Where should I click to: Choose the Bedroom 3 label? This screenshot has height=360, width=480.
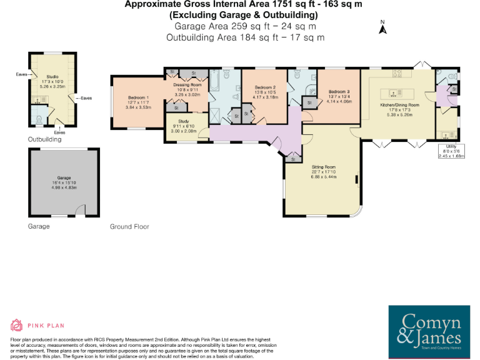pyautogui.click(x=339, y=92)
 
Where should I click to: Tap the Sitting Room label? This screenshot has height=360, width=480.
pyautogui.click(x=324, y=167)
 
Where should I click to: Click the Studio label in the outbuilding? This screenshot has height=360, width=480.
pyautogui.click(x=52, y=77)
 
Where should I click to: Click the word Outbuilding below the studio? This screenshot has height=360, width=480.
pyautogui.click(x=44, y=139)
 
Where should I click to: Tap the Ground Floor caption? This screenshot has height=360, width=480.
pyautogui.click(x=129, y=226)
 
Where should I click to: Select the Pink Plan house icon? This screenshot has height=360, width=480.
pyautogui.click(x=17, y=325)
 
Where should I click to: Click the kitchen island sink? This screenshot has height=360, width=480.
pyautogui.click(x=392, y=93)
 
